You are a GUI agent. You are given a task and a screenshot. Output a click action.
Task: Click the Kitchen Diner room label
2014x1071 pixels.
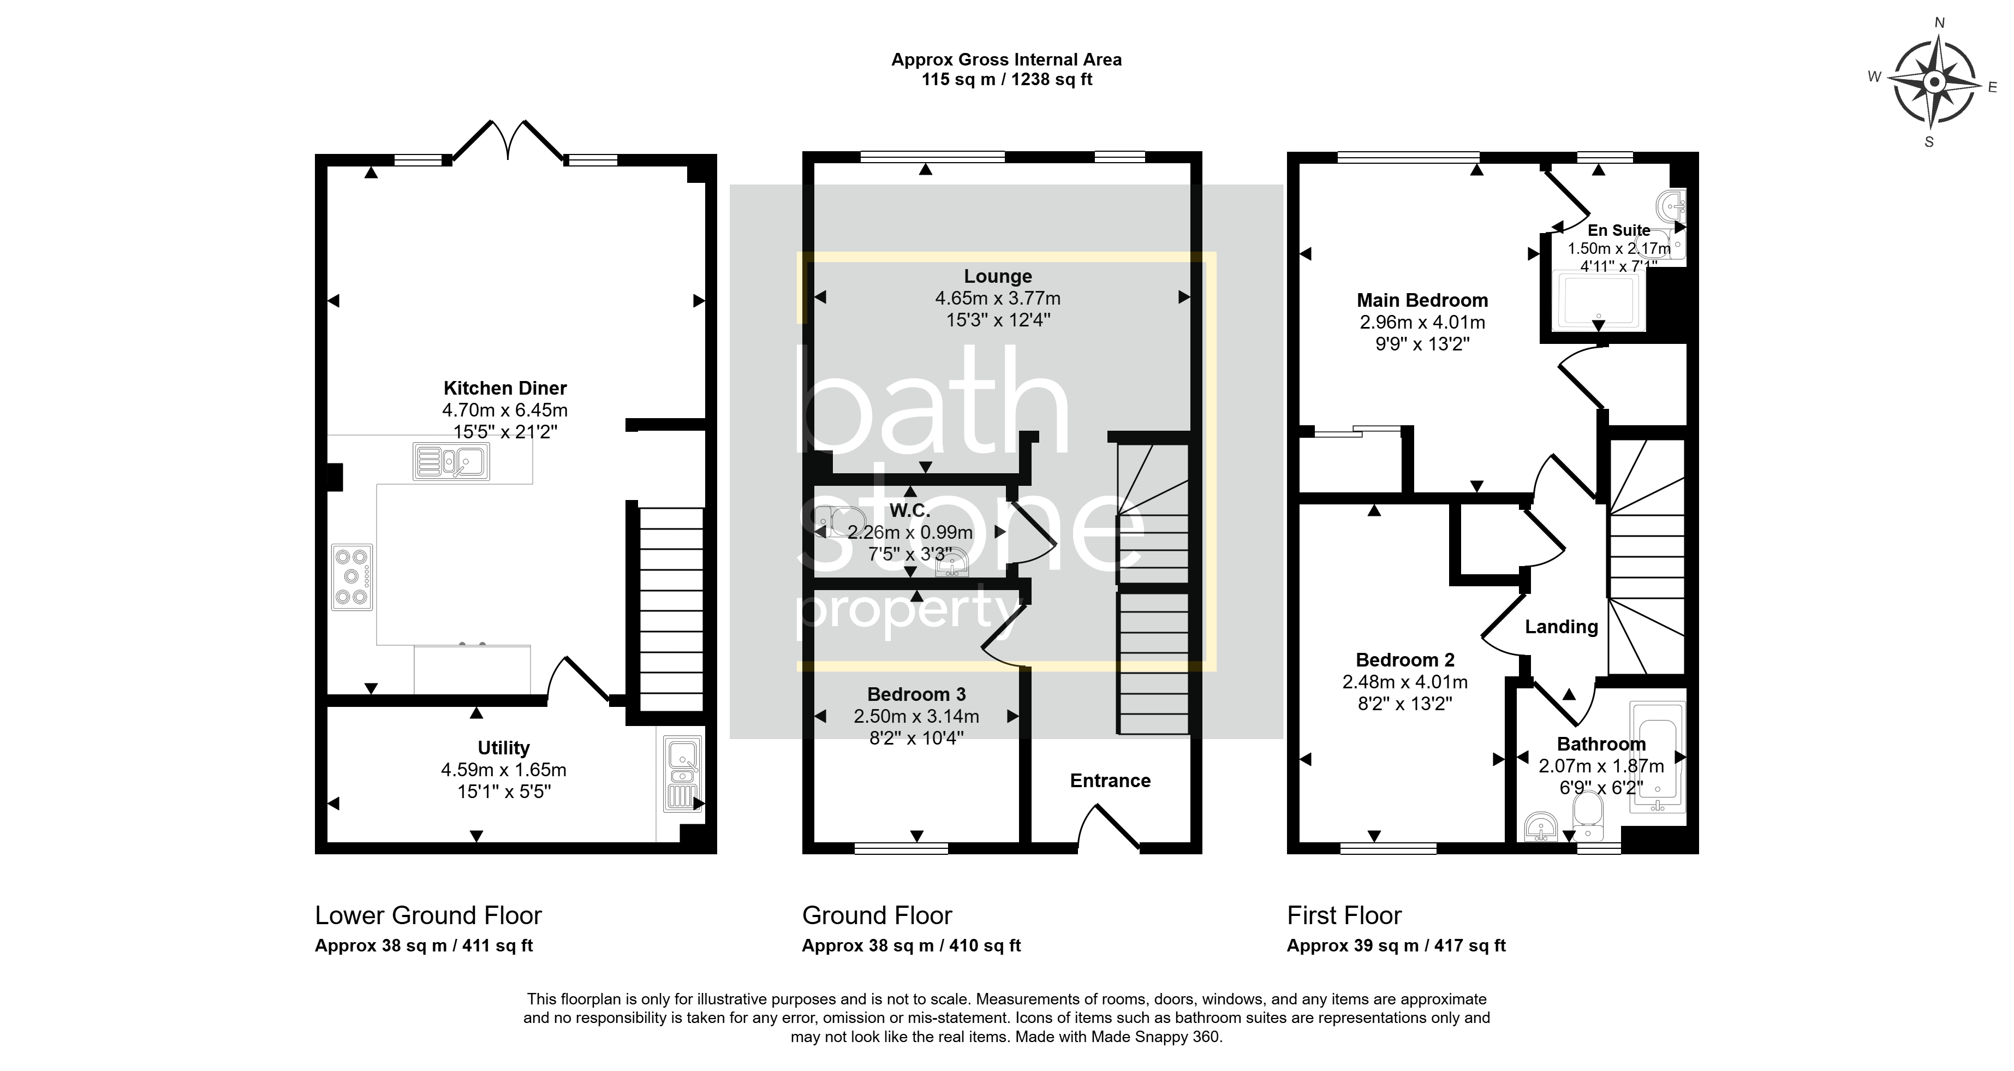pos(505,388)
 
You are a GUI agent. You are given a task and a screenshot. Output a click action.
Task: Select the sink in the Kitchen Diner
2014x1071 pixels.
pos(451,461)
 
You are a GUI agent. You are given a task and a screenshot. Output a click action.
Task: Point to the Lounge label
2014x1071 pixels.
pos(998,276)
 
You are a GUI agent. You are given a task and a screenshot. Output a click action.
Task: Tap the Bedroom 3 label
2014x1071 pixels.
pos(916,694)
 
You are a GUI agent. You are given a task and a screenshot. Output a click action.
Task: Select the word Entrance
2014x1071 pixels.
pos(1110,780)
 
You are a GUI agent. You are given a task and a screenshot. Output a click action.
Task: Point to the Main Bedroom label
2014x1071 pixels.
pos(1422,300)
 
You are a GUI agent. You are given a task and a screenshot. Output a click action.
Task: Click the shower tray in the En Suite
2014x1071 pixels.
pos(1599,300)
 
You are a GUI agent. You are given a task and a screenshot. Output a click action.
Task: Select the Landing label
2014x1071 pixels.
pos(1562,626)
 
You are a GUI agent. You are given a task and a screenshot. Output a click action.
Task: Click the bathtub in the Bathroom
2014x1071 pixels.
pos(1658,757)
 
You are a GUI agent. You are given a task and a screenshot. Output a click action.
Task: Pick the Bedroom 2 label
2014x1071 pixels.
pos(1405,660)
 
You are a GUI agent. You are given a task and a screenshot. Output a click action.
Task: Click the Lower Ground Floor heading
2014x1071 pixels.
pos(428,915)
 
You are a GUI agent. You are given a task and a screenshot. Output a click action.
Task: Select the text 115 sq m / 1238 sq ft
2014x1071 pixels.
pos(1007,79)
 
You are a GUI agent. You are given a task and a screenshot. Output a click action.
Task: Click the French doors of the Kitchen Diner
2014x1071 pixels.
pos(508,141)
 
